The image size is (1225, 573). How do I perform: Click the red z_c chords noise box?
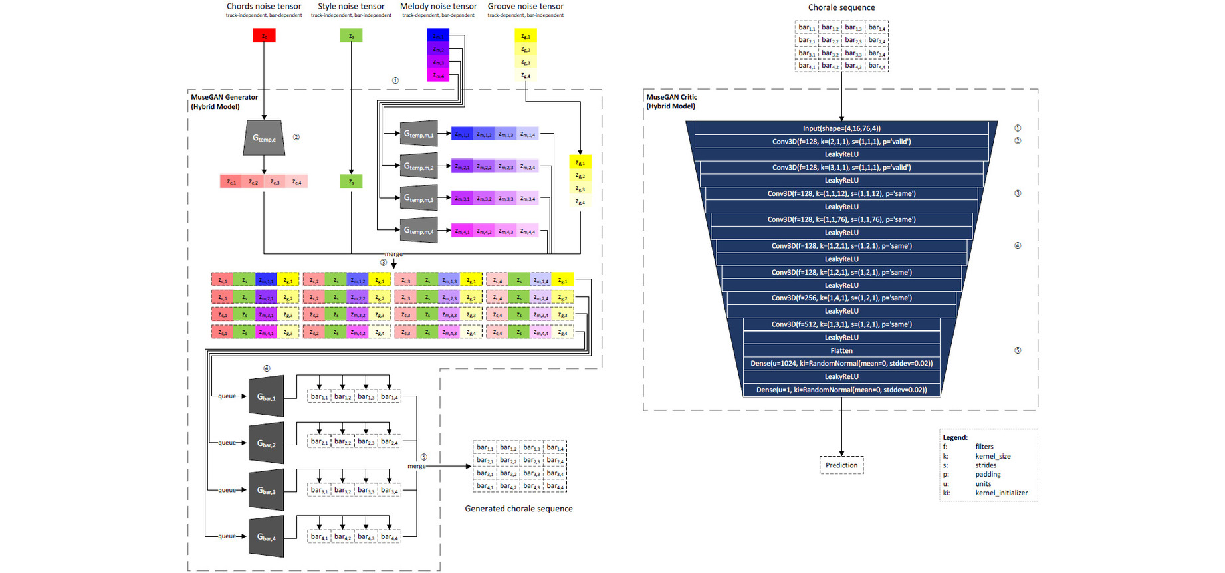pos(264,35)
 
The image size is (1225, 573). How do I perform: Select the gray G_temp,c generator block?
pos(264,138)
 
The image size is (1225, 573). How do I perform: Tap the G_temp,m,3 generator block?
pos(419,198)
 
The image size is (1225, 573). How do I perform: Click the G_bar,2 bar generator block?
pos(267,443)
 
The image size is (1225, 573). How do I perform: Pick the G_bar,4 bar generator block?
pos(267,537)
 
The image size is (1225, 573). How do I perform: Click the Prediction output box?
pos(841,465)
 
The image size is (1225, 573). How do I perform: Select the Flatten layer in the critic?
pos(841,350)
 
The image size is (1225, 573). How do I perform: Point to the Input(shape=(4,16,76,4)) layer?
pos(841,128)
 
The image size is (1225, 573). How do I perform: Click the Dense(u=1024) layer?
pos(841,364)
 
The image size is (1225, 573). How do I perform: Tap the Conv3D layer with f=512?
pos(841,324)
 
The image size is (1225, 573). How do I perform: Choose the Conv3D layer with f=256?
pos(841,298)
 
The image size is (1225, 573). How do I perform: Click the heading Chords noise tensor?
pos(264,7)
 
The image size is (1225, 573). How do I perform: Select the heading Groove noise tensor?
pos(525,7)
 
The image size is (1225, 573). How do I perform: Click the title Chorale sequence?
pos(841,7)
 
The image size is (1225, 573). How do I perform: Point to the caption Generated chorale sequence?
pos(518,509)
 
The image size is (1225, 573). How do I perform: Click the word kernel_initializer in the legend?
pos(1001,493)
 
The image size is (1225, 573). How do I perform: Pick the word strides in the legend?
pos(986,465)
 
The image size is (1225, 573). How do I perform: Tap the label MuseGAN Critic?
pos(671,97)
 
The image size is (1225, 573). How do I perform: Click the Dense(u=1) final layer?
pos(841,390)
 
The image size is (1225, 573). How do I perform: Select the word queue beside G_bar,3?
pos(227,490)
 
